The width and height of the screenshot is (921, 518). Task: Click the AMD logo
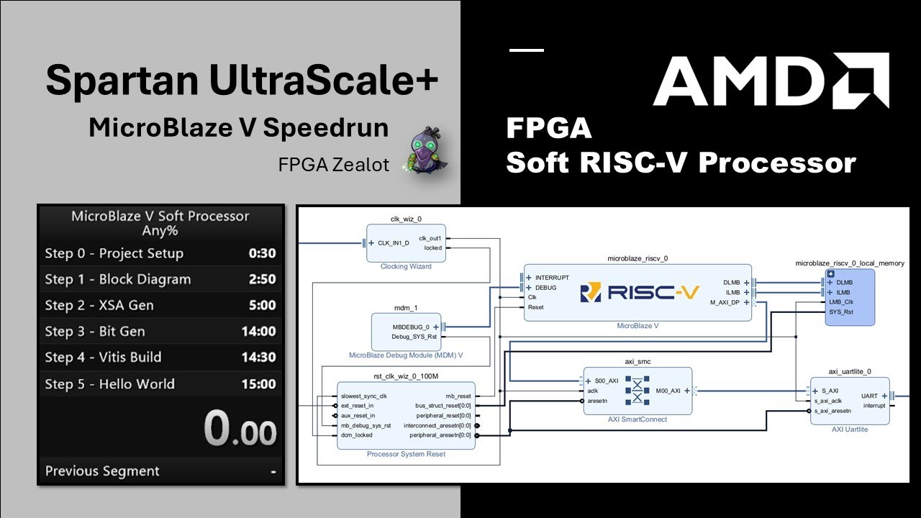(771, 81)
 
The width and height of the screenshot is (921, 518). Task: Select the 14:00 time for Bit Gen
(258, 332)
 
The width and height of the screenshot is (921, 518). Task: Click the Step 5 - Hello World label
(109, 384)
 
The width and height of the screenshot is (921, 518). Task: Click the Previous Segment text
(102, 471)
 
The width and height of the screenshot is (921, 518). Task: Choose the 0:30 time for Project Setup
(262, 253)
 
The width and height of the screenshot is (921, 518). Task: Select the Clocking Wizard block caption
(406, 266)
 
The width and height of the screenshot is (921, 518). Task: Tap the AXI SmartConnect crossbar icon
(637, 391)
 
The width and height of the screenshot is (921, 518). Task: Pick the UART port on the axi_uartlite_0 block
(869, 396)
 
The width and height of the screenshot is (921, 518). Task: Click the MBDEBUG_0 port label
(411, 327)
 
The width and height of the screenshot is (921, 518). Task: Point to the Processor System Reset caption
(406, 454)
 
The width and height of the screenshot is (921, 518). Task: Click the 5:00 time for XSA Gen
(262, 306)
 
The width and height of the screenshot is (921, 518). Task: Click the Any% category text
(160, 231)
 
